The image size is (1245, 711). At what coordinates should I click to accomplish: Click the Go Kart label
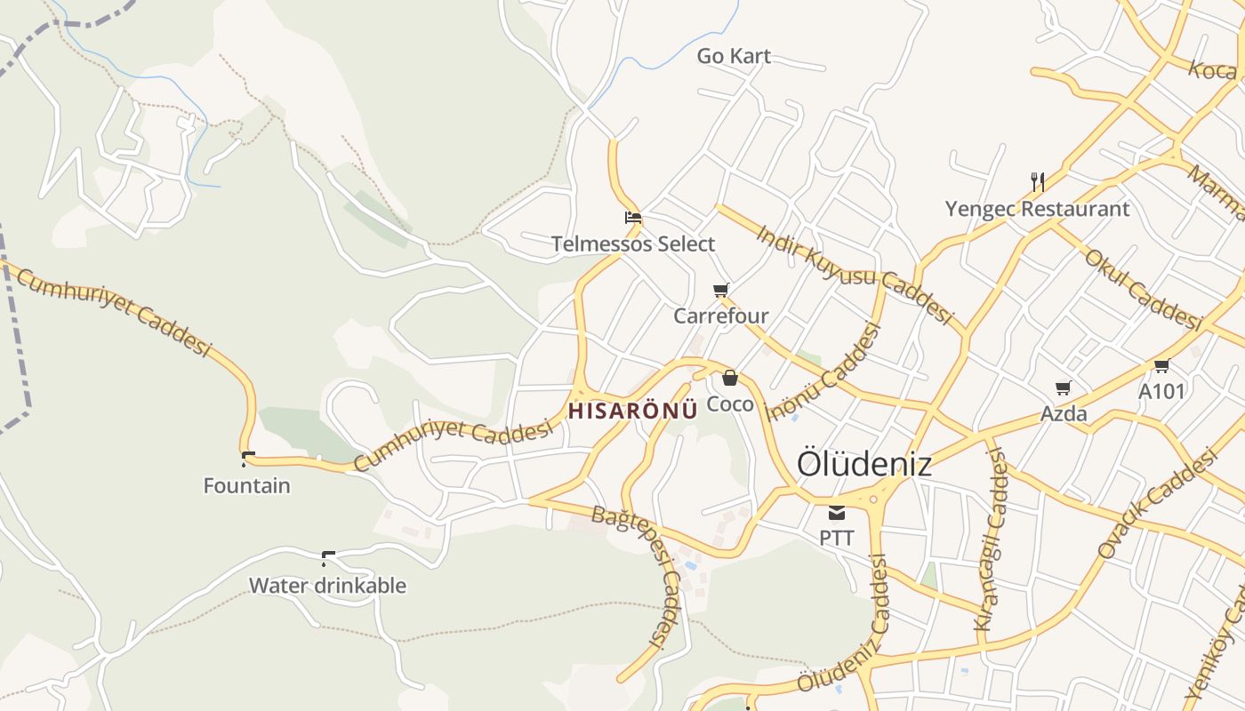click(734, 56)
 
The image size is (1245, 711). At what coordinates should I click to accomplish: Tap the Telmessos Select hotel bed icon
click(633, 217)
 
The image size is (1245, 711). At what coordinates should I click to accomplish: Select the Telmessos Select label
click(633, 244)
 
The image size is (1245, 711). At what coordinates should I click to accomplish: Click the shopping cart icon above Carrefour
click(721, 290)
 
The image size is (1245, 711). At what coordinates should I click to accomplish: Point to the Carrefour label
click(721, 316)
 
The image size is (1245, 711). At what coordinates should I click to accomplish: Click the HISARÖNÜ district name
click(633, 411)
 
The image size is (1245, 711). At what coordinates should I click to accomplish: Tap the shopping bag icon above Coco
click(730, 378)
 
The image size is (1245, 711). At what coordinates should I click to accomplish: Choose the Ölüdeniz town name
click(864, 464)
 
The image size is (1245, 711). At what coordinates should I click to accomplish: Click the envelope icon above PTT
click(837, 512)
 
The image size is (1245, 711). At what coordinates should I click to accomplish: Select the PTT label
click(837, 538)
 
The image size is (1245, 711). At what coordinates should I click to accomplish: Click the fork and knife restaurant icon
click(1037, 182)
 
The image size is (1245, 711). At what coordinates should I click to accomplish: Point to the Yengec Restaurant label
click(1037, 209)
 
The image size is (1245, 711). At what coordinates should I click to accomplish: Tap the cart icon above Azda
click(1064, 387)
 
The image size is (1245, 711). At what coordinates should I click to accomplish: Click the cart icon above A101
click(1161, 365)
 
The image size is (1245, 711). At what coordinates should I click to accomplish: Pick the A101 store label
click(1161, 391)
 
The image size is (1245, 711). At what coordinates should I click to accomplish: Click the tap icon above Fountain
click(247, 459)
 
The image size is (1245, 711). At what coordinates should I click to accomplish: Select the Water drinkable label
click(327, 586)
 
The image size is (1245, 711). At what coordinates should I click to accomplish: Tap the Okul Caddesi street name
click(1144, 289)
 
